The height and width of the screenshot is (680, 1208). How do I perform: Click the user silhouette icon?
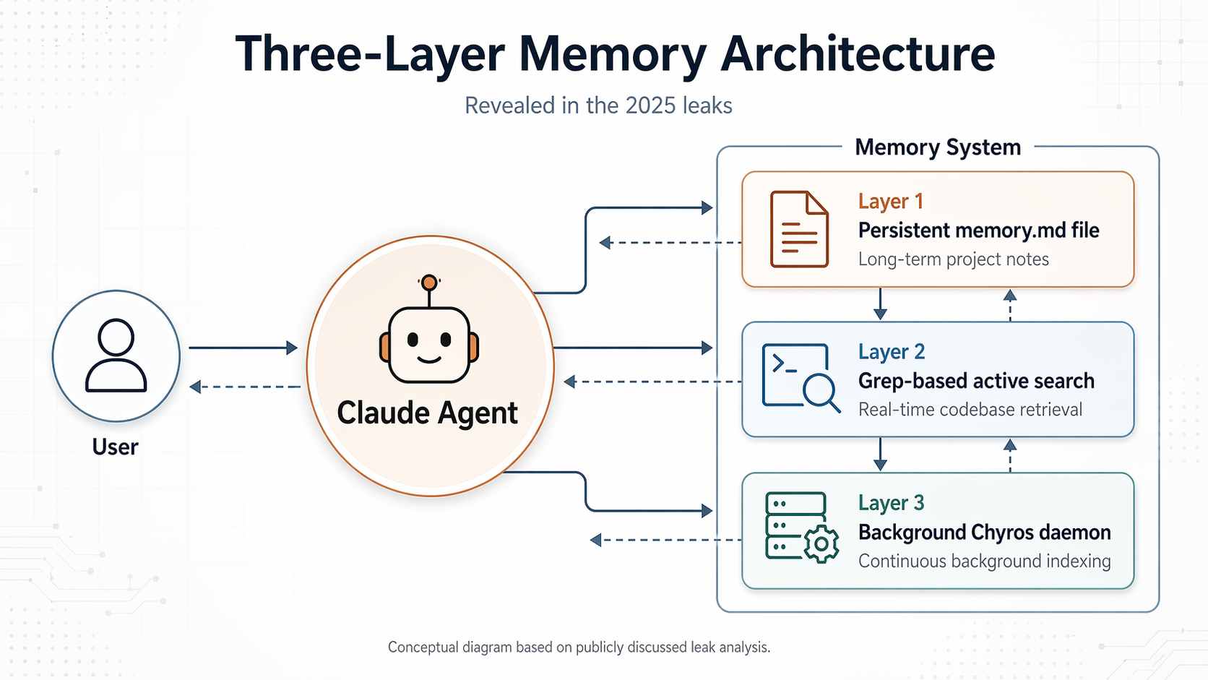coord(116,356)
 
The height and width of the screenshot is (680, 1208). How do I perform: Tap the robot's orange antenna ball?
coord(429,282)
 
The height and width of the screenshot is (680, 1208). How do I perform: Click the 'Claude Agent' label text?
coord(427,413)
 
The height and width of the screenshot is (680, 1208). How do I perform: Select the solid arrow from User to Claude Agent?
coord(243,348)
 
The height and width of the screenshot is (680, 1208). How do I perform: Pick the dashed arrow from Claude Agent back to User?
coord(245,387)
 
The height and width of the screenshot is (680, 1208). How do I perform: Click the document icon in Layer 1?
coord(799,229)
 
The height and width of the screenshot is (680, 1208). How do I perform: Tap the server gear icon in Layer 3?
coord(801,528)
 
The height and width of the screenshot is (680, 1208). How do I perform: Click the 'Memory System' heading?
coord(938,147)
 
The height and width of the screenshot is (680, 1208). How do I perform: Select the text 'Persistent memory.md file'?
coord(978,231)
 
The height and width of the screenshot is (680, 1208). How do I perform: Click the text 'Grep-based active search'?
coord(975,381)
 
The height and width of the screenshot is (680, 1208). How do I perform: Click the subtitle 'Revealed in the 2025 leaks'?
coord(598,106)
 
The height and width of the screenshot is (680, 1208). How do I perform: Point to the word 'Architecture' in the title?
coord(858,54)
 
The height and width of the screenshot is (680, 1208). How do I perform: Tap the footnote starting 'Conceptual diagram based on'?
coord(579,647)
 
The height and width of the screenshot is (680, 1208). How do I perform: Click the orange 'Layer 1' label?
coord(890,202)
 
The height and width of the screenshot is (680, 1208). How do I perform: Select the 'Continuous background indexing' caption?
coord(984,561)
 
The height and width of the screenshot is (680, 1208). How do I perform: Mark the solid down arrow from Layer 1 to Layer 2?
coord(880,304)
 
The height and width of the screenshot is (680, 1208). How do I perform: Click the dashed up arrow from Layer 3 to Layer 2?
coord(1010,455)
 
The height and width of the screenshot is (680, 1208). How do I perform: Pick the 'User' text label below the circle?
coord(115,447)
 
